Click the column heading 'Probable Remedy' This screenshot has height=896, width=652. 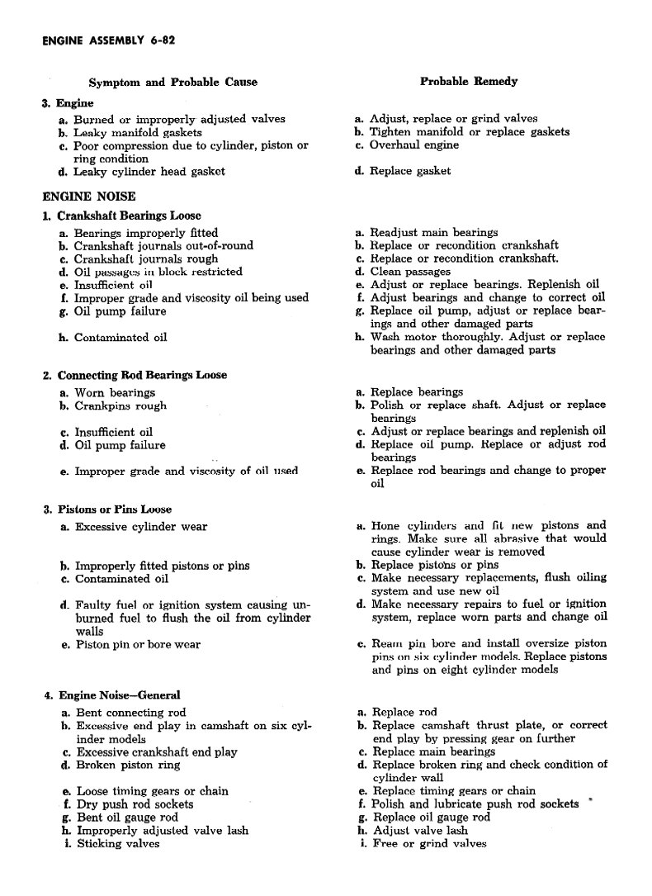tap(469, 82)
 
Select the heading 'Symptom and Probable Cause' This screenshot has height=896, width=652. tap(172, 82)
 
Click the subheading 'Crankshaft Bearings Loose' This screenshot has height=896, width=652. tap(129, 216)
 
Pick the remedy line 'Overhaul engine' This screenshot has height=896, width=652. tap(414, 145)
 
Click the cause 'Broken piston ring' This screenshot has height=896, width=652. tap(129, 765)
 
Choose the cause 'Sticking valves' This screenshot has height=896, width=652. tap(118, 844)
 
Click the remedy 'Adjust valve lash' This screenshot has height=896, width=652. tap(421, 831)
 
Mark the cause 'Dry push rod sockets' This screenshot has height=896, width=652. tap(135, 804)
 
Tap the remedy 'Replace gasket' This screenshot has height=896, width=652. tap(410, 172)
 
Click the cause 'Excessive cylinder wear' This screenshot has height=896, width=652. tap(141, 527)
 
